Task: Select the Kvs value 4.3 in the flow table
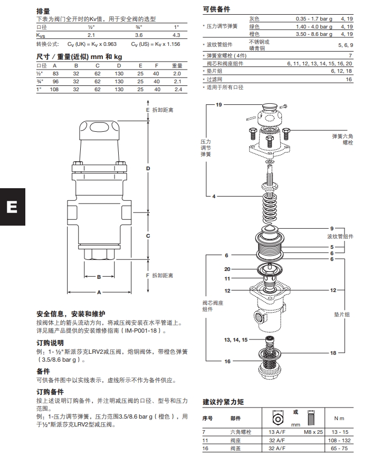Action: [177, 35]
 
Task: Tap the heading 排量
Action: [43, 11]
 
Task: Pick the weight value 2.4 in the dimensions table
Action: [178, 90]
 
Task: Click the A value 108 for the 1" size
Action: [53, 90]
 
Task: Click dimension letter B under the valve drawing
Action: [99, 276]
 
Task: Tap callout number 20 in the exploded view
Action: [227, 269]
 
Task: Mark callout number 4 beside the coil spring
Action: [214, 196]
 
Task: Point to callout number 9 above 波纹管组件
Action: [332, 228]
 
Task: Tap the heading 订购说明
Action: [50, 342]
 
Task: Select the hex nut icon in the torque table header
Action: [277, 418]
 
